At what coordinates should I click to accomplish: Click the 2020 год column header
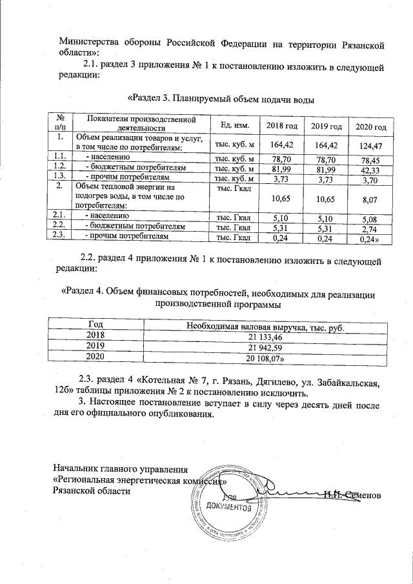point(371,125)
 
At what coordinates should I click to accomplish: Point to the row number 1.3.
point(59,176)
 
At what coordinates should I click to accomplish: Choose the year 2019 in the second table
point(96,347)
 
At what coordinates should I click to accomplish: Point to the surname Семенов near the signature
point(363,494)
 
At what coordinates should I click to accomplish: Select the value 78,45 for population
point(370,159)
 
